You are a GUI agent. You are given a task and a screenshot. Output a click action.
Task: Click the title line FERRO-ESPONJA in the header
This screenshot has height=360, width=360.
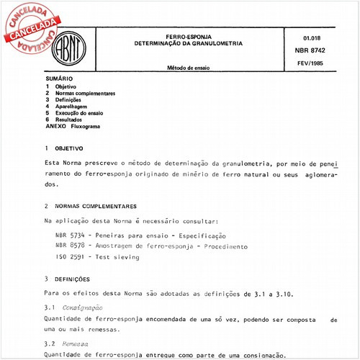pyautogui.click(x=182, y=36)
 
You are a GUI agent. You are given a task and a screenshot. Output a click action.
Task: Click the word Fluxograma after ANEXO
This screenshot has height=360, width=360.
pyautogui.click(x=86, y=126)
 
